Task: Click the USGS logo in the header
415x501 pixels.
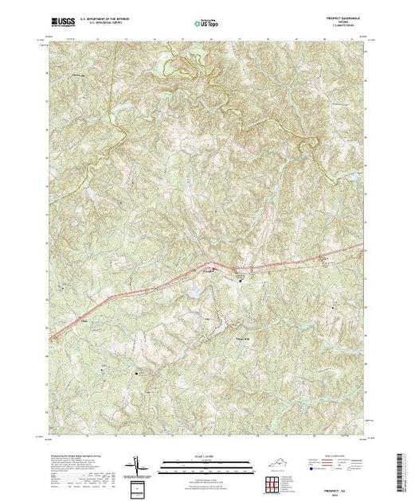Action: point(60,25)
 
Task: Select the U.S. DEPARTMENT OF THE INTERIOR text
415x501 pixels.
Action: point(105,21)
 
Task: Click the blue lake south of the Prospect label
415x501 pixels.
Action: point(194,295)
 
